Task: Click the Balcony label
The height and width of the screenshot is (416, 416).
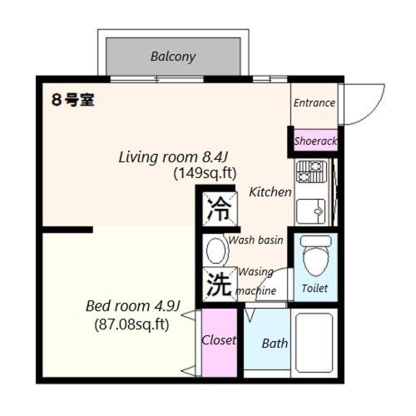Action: click(x=173, y=57)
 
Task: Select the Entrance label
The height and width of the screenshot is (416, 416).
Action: click(x=314, y=103)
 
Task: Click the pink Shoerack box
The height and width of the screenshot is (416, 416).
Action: click(x=315, y=141)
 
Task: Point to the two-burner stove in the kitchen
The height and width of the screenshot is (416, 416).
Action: click(x=311, y=172)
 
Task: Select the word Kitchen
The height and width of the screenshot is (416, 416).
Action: click(x=270, y=192)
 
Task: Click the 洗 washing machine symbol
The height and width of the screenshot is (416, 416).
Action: click(x=219, y=285)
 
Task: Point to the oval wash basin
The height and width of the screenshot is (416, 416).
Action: click(x=217, y=249)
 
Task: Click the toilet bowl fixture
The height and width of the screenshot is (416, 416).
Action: click(x=316, y=257)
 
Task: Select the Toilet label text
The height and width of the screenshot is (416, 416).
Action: click(x=314, y=288)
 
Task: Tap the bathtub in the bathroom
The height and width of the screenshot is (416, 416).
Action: click(x=314, y=342)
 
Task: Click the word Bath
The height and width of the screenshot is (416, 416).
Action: click(x=275, y=343)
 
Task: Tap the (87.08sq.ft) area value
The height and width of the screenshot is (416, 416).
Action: click(x=131, y=324)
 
